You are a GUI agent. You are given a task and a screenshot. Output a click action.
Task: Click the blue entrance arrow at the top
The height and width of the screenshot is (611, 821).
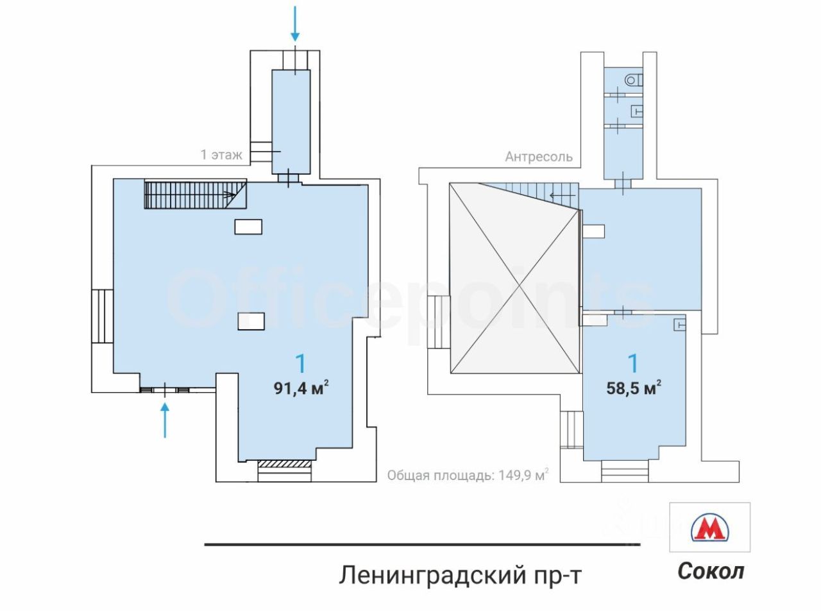click(x=295, y=23)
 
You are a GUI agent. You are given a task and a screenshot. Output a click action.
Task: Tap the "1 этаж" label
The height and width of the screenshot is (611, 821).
click(x=221, y=155)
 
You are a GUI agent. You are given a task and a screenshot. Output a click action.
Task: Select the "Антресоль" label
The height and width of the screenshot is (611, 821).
click(x=538, y=157)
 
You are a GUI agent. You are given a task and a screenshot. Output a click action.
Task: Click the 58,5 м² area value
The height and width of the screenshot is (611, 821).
click(x=634, y=388)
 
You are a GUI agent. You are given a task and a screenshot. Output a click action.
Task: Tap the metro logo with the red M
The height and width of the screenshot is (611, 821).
click(x=709, y=528)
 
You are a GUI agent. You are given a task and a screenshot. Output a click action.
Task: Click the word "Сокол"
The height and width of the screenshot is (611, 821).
click(x=711, y=571)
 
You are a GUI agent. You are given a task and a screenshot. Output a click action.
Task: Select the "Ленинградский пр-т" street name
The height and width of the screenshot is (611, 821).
click(x=460, y=574)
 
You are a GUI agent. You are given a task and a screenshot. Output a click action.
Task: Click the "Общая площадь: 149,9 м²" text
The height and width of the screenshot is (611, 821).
click(x=468, y=476)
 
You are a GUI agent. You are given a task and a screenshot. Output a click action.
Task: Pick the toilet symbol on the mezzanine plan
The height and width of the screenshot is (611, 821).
click(x=634, y=80)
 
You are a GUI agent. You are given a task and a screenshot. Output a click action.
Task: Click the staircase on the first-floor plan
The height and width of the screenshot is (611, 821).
click(x=192, y=194)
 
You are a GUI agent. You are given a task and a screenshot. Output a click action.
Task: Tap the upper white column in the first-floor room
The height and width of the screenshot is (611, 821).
click(x=248, y=226)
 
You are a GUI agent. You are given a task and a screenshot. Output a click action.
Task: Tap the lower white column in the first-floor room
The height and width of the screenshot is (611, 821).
click(x=251, y=321)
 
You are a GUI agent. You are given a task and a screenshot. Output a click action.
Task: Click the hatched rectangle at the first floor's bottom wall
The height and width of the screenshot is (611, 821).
click(x=285, y=463)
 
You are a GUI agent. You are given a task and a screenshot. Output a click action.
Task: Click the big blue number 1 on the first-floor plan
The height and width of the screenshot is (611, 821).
click(x=300, y=364)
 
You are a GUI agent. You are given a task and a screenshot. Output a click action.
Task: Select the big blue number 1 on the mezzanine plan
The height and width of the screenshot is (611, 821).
click(x=633, y=364)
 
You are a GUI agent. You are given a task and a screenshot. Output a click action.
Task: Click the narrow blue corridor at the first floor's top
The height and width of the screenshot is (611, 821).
click(x=291, y=121)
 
